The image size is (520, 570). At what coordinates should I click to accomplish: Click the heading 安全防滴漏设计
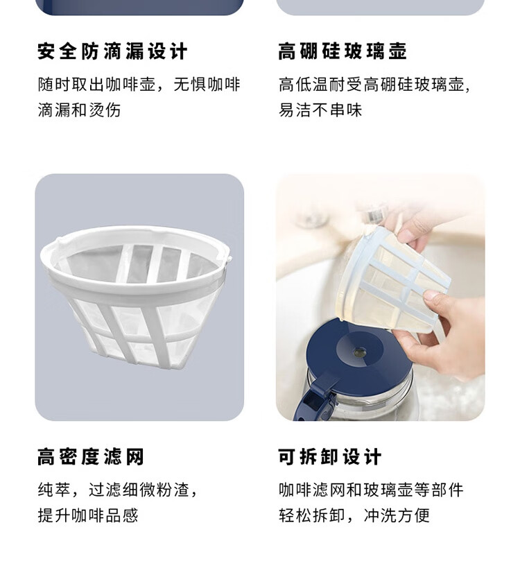[112, 51]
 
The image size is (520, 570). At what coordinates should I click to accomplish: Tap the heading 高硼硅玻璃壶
[343, 51]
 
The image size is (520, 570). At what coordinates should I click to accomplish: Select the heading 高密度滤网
[91, 456]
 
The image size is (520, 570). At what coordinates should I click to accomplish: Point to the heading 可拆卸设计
[330, 456]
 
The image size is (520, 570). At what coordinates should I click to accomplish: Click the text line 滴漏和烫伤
[79, 110]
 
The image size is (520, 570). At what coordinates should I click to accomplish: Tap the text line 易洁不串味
[320, 110]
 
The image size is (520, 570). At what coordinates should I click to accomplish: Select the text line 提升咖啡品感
[88, 515]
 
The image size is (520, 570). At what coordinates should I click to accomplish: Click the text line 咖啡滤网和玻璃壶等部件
[371, 490]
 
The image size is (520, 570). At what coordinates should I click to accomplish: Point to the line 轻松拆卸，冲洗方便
[354, 515]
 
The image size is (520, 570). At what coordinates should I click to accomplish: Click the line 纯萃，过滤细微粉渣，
[118, 490]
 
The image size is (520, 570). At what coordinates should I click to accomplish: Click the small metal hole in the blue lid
[360, 351]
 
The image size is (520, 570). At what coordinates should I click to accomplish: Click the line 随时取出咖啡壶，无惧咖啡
[139, 85]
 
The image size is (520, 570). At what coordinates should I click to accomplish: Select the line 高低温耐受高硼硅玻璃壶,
[374, 85]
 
